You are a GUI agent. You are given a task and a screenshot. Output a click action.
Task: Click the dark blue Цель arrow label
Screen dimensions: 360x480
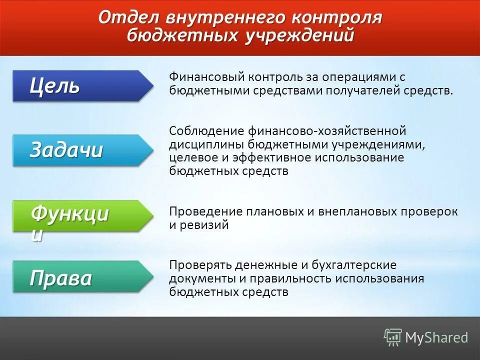80,86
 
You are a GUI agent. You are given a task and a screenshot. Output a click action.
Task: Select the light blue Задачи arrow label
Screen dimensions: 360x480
80,150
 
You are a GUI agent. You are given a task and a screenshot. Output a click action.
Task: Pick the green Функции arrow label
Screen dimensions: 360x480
80,216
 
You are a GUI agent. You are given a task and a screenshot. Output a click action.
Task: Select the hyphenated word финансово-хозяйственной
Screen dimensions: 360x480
326,131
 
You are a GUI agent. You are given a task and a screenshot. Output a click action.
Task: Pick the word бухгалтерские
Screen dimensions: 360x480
354,265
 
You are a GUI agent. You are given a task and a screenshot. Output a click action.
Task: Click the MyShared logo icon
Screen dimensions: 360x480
393,337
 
